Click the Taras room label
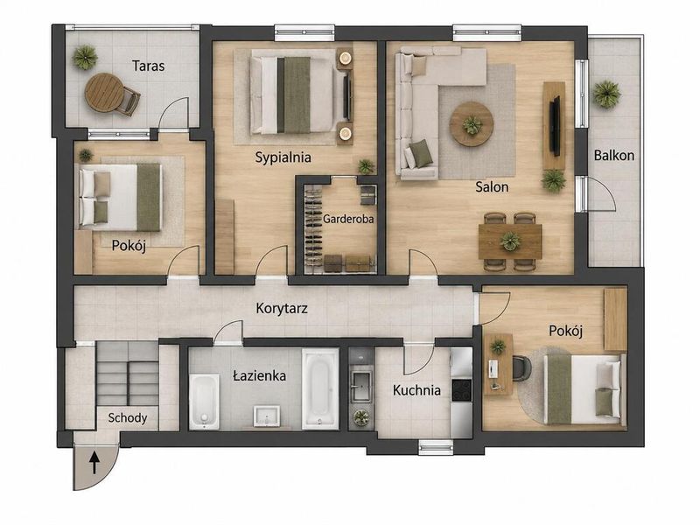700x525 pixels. pyautogui.click(x=148, y=66)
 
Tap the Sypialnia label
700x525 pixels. pyautogui.click(x=283, y=157)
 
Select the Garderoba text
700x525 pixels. pyautogui.click(x=348, y=220)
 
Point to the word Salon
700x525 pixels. pyautogui.click(x=492, y=186)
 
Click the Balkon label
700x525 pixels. pyautogui.click(x=614, y=156)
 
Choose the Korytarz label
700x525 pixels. pyautogui.click(x=282, y=309)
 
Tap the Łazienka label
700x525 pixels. pyautogui.click(x=259, y=375)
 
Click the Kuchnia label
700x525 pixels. pyautogui.click(x=416, y=390)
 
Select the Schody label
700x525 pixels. pyautogui.click(x=127, y=418)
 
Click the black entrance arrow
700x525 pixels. pyautogui.click(x=94, y=463)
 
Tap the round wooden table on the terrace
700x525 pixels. pyautogui.click(x=103, y=93)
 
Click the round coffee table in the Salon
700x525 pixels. pyautogui.click(x=472, y=123)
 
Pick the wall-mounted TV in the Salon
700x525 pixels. pyautogui.click(x=556, y=126)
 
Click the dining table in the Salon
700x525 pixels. pyautogui.click(x=510, y=241)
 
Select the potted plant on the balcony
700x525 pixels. pyautogui.click(x=606, y=94)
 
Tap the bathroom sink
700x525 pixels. pyautogui.click(x=267, y=416)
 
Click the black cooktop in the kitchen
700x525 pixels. pyautogui.click(x=462, y=390)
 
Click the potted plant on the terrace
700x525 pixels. pyautogui.click(x=85, y=57)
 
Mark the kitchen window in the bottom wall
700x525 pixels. pyautogui.click(x=436, y=447)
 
